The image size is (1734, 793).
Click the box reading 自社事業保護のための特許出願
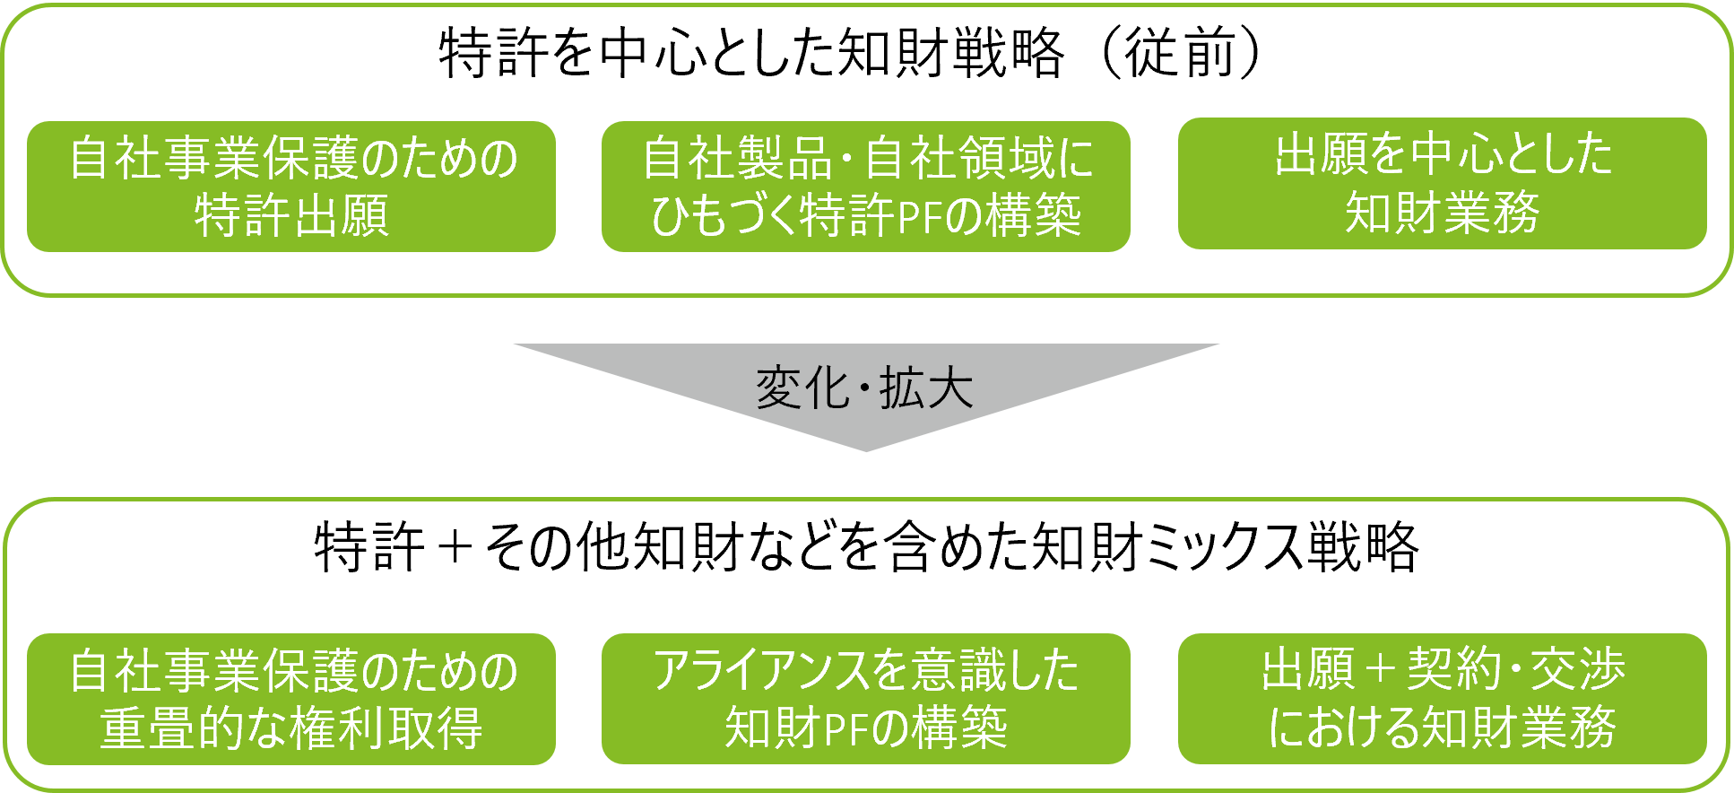tap(291, 187)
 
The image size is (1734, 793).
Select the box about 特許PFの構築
tap(865, 187)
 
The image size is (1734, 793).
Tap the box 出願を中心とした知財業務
tap(1442, 183)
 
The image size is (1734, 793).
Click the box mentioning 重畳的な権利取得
tap(291, 699)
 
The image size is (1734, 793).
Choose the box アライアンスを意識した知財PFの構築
tap(865, 699)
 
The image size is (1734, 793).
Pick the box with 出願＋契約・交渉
tap(1442, 699)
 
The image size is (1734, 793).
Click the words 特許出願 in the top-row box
tap(291, 216)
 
